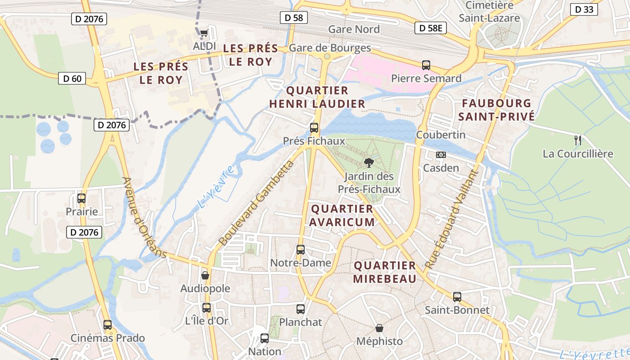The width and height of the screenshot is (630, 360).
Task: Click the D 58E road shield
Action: pyautogui.click(x=431, y=28)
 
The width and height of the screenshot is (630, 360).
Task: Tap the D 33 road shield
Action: pyautogui.click(x=584, y=9)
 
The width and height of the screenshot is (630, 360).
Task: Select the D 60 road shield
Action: pyautogui.click(x=72, y=78)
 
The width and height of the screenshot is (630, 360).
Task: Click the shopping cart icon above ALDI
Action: pyautogui.click(x=204, y=32)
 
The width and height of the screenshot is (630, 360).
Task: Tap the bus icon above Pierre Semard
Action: pyautogui.click(x=426, y=65)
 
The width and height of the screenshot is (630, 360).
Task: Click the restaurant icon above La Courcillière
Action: pyautogui.click(x=578, y=140)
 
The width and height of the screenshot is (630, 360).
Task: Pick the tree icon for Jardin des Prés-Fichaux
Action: pyautogui.click(x=369, y=162)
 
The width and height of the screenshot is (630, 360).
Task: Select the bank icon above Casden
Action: pyautogui.click(x=441, y=154)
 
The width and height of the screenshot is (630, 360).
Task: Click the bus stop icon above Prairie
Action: pyautogui.click(x=81, y=198)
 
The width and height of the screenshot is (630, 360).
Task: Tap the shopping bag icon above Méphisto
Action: pyautogui.click(x=379, y=328)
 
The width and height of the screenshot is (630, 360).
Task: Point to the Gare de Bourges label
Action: pyautogui.click(x=330, y=48)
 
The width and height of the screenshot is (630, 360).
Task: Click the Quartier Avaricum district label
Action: pyautogui.click(x=342, y=215)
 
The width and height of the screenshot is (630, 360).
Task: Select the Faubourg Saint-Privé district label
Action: pyautogui.click(x=496, y=110)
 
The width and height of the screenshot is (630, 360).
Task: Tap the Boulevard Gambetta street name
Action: pyautogui.click(x=256, y=202)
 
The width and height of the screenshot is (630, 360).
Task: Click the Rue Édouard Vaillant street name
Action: pyautogui.click(x=450, y=219)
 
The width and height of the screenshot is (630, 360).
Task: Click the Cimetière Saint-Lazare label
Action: pyautogui.click(x=490, y=12)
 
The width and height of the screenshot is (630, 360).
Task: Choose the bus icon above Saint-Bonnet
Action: pyautogui.click(x=457, y=297)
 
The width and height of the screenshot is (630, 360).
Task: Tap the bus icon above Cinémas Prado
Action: pyautogui.click(x=108, y=324)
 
